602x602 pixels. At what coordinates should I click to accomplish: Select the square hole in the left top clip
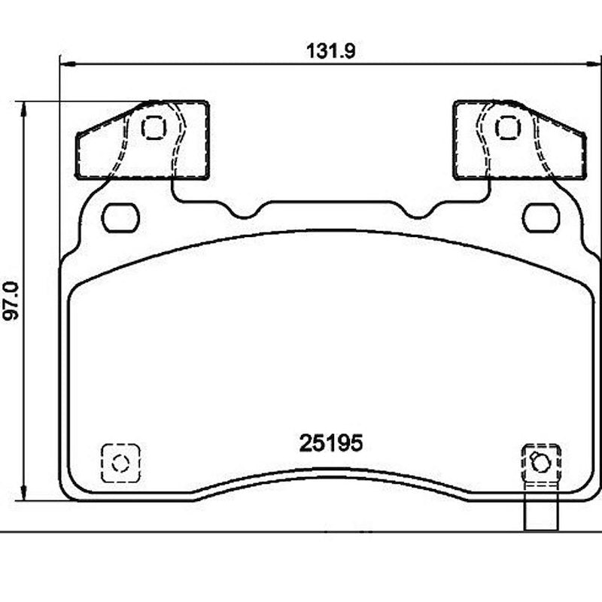click(154, 128)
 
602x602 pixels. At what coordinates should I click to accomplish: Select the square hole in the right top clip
click(507, 128)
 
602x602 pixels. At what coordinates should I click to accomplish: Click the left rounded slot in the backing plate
click(120, 218)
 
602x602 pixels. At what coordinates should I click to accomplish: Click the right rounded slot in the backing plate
click(540, 218)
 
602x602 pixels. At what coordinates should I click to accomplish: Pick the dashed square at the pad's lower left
click(120, 461)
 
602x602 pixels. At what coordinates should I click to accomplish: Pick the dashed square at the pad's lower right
click(541, 461)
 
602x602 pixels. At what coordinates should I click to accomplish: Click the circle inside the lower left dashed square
click(120, 462)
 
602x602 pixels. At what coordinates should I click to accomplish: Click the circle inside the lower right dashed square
click(540, 463)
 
